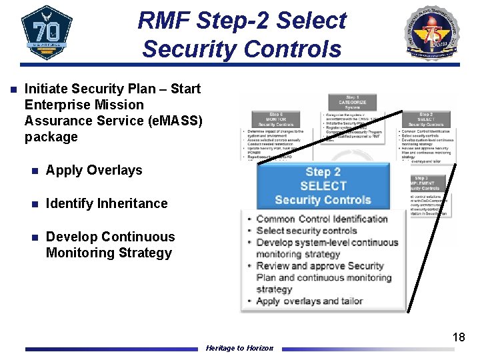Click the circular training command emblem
pyautogui.click(x=433, y=33)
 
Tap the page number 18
pyautogui.click(x=459, y=337)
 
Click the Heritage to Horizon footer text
pyautogui.click(x=239, y=348)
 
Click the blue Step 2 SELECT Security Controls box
pyautogui.click(x=323, y=186)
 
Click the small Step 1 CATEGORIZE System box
pyautogui.click(x=353, y=103)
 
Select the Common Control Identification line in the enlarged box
pyautogui.click(x=321, y=219)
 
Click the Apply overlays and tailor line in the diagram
pyautogui.click(x=309, y=301)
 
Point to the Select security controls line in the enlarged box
pyautogui.click(x=307, y=231)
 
